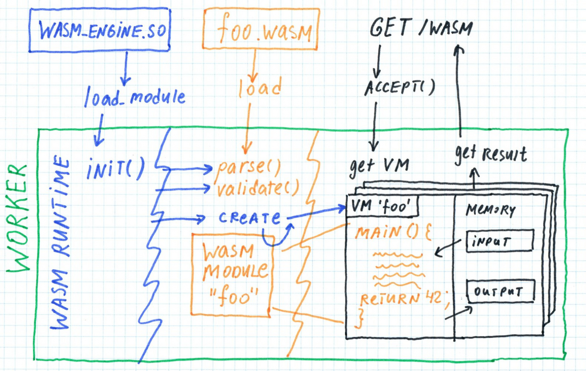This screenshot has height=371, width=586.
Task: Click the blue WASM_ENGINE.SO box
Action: [100, 30]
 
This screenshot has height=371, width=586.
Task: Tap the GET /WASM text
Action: [421, 28]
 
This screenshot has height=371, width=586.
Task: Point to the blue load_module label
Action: [134, 97]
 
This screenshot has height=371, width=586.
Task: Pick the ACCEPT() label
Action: [400, 87]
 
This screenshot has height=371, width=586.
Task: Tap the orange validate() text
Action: [258, 188]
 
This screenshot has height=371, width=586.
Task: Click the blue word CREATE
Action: [249, 218]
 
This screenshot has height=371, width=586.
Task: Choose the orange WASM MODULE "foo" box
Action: [231, 274]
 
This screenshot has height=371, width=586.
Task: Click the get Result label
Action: [491, 154]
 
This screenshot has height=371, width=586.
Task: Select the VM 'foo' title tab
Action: [381, 206]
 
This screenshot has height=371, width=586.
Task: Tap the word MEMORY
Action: [491, 210]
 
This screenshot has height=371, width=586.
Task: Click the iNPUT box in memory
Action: [500, 241]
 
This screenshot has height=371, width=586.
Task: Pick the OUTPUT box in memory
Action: [500, 291]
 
